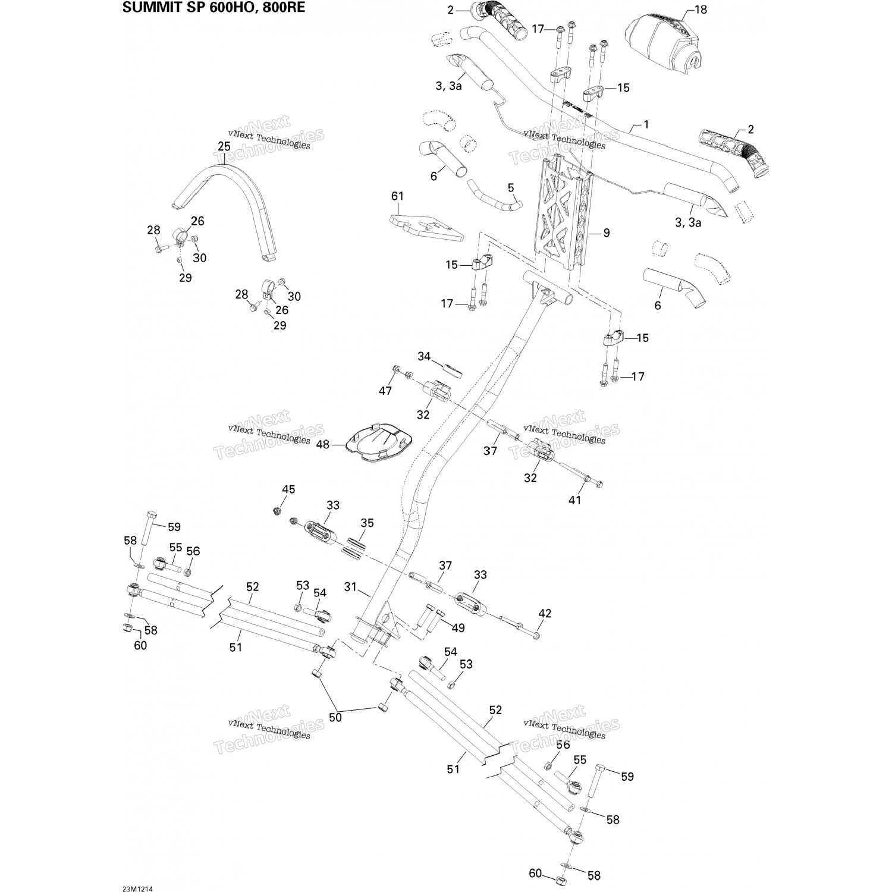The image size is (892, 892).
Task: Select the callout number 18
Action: click(701, 10)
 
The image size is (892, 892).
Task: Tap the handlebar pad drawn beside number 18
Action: click(666, 39)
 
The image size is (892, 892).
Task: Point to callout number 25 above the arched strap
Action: click(224, 146)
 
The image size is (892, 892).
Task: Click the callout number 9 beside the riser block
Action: click(606, 233)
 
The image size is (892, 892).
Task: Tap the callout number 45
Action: click(288, 489)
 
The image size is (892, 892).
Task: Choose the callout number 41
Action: click(574, 500)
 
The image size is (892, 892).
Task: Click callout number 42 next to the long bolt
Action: click(545, 613)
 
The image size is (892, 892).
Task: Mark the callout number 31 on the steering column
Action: click(350, 587)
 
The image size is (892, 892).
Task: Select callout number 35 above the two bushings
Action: click(367, 523)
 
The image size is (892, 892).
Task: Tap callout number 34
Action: click(423, 356)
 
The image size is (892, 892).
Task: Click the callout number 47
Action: click(385, 391)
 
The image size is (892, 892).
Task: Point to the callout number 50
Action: click(335, 717)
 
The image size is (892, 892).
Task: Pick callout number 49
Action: click(458, 628)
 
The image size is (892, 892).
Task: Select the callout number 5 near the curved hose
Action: click(511, 188)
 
